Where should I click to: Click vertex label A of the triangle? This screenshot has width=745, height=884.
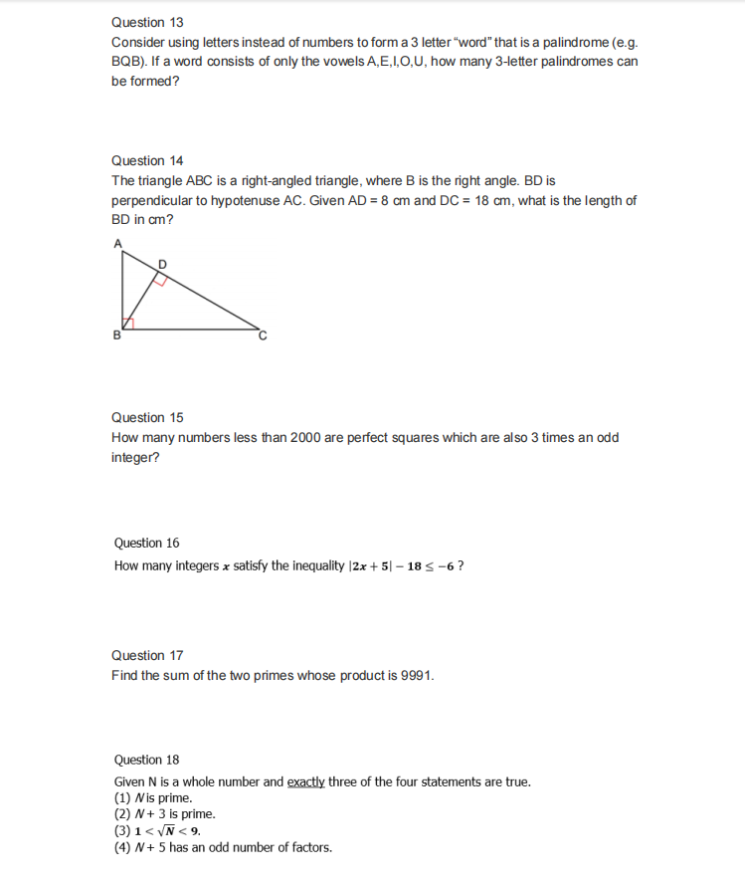click(x=116, y=243)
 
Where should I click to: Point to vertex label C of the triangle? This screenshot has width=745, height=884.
click(x=264, y=336)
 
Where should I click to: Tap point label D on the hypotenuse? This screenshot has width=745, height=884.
click(x=164, y=262)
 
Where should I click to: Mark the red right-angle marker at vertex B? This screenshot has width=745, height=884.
click(x=126, y=323)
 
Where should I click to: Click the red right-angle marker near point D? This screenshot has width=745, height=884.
click(x=157, y=279)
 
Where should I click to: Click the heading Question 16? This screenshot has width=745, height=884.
click(x=147, y=543)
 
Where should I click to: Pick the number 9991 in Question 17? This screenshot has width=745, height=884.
click(x=415, y=676)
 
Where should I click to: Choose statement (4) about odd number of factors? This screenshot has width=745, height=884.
click(x=223, y=847)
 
